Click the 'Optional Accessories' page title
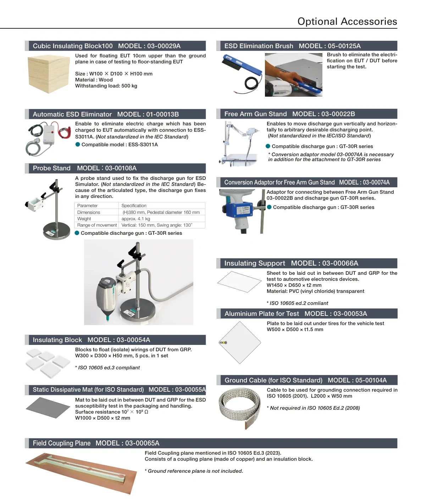[347, 21]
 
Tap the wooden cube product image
[49, 74]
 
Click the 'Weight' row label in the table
[84, 218]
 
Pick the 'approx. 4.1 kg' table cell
[135, 218]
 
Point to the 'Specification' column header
[134, 205]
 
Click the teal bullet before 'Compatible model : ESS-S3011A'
[77, 144]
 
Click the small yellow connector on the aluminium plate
[223, 343]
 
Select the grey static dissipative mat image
[48, 408]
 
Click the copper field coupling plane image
[81, 473]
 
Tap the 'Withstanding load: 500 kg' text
[106, 86]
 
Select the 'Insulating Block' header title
[57, 340]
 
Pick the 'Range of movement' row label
[97, 225]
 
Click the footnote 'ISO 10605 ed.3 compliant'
[107, 368]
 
